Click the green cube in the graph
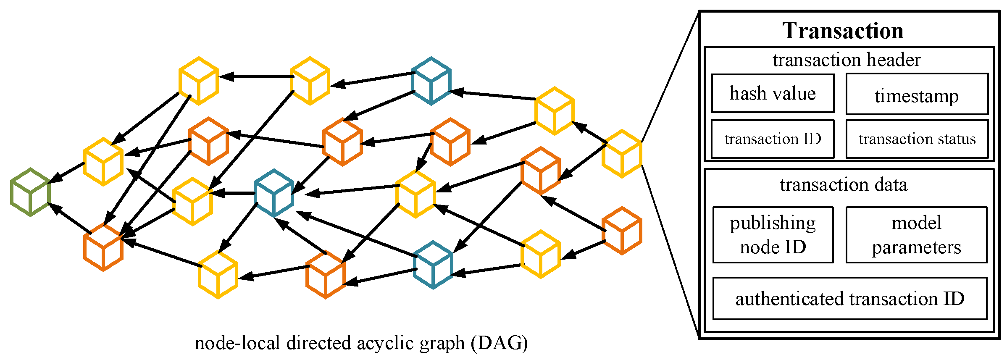click(x=31, y=192)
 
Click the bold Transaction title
click(x=843, y=31)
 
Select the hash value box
click(x=773, y=93)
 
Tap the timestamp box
click(x=917, y=94)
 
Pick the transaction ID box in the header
click(x=773, y=139)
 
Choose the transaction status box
click(x=917, y=139)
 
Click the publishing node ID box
click(x=773, y=234)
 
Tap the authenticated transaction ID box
click(x=849, y=298)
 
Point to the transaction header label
click(x=846, y=60)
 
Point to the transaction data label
click(x=844, y=184)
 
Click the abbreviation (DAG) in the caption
click(x=499, y=343)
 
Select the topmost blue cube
click(x=431, y=81)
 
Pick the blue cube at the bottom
click(x=433, y=265)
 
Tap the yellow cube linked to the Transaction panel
click(x=622, y=154)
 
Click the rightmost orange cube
click(x=622, y=231)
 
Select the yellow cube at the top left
click(x=199, y=81)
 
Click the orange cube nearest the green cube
click(x=103, y=247)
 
